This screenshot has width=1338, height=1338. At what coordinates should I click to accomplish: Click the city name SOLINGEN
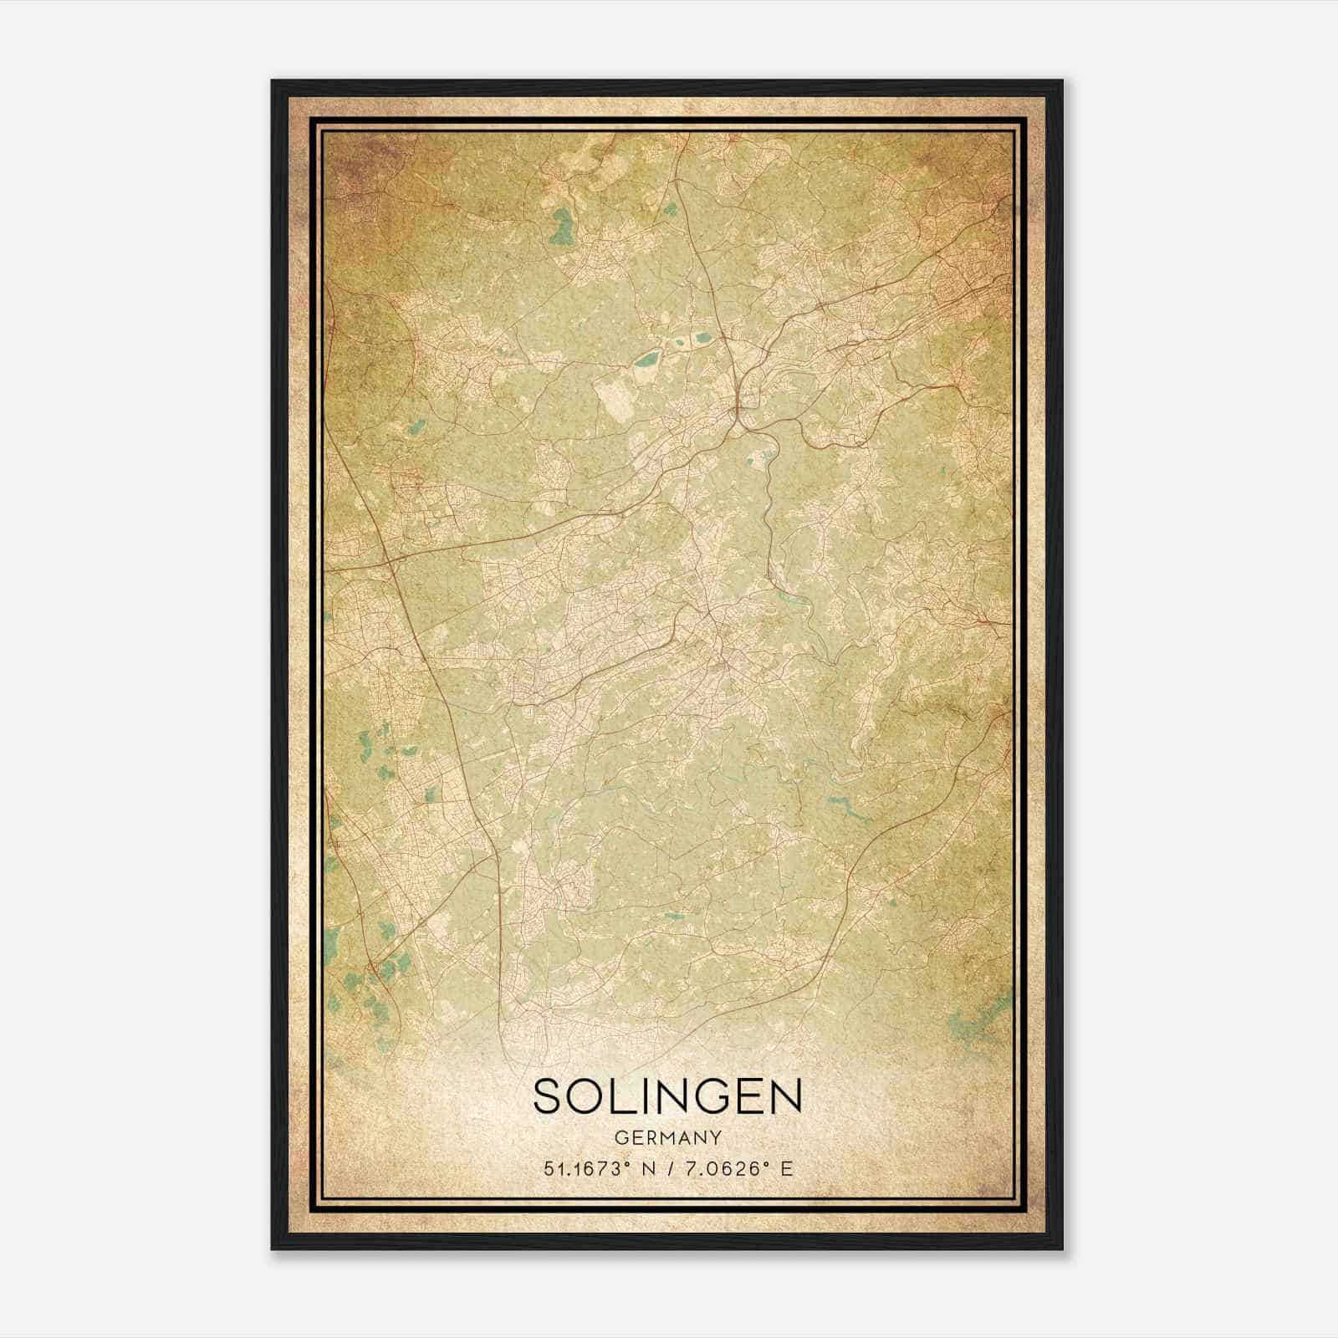pos(667,1096)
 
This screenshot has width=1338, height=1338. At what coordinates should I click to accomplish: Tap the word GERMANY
pos(667,1137)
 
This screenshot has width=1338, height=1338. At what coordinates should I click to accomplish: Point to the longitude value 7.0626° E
pos(737,1169)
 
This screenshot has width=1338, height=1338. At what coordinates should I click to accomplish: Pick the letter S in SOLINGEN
pos(549,1096)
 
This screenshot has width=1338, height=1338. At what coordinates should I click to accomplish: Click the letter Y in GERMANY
pos(715,1137)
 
